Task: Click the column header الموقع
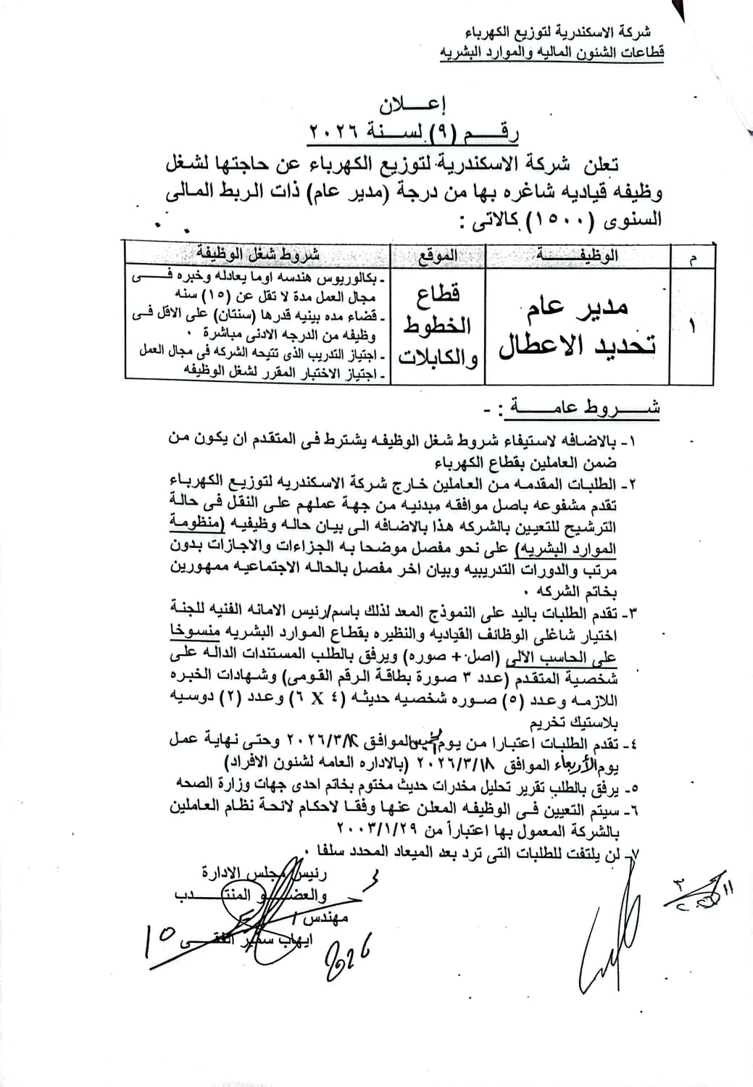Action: [438, 254]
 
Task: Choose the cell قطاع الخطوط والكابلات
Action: [437, 326]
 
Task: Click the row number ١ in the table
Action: [691, 325]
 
